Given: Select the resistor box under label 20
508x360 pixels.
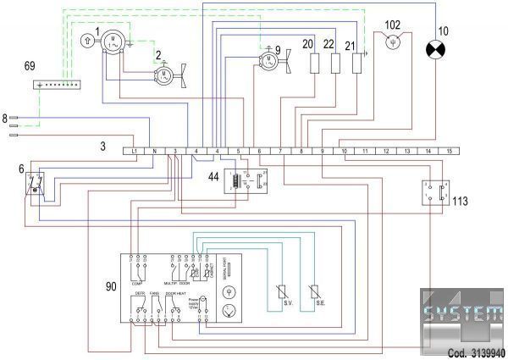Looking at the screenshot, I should [315, 64].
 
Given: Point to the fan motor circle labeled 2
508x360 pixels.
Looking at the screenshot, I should [161, 76].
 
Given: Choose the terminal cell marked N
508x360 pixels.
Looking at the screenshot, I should [154, 151].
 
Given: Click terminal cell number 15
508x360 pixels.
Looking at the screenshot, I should [450, 151].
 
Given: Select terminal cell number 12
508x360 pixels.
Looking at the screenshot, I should [387, 151].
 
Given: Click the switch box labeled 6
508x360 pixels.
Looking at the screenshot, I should [33, 184].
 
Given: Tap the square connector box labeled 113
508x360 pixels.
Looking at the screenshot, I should [433, 193].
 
